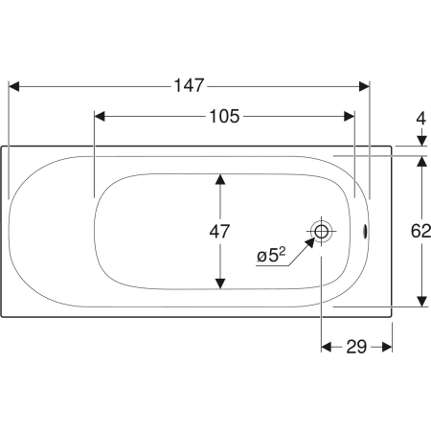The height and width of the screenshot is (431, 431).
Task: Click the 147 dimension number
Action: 189,85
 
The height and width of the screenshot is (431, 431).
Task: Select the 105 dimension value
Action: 224,116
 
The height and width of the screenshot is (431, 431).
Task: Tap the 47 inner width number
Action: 219,232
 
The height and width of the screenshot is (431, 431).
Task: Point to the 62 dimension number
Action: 420,231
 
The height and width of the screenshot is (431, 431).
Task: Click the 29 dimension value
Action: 356,347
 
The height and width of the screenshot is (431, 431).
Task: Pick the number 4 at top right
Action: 421,119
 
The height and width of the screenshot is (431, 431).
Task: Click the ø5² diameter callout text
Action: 271,256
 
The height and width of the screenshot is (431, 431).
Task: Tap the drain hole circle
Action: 321,231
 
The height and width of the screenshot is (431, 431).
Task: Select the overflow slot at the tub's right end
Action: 364,231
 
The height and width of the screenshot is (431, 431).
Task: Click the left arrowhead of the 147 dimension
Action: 13,86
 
